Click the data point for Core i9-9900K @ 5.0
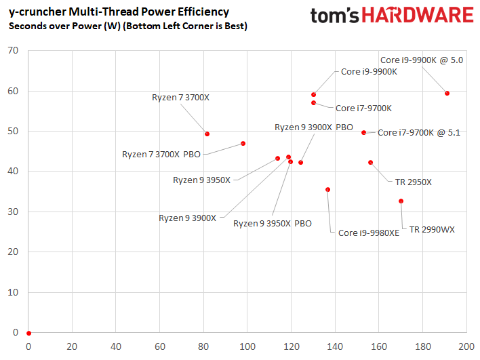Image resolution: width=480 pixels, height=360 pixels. (447, 93)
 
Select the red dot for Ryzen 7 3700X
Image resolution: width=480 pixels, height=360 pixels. (207, 134)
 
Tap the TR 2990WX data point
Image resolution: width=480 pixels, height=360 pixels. (401, 201)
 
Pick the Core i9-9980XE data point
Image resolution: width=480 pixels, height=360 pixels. (328, 190)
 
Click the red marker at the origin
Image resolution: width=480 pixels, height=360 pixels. (28, 333)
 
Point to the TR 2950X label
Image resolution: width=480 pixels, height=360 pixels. (413, 182)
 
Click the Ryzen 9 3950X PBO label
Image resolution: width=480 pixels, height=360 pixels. (273, 223)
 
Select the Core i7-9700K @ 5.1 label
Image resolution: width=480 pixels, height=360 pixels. (418, 133)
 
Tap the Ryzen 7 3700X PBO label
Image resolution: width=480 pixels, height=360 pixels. (161, 154)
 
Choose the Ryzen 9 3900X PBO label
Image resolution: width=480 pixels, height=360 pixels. (313, 127)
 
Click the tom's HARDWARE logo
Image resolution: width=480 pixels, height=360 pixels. (391, 17)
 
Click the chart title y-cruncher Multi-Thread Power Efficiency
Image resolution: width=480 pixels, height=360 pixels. (118, 12)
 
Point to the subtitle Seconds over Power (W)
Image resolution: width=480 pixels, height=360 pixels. (127, 26)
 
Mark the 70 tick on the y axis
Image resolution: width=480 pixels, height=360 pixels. (12, 50)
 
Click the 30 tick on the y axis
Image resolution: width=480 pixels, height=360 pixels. (12, 212)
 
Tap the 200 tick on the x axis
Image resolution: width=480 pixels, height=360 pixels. (466, 346)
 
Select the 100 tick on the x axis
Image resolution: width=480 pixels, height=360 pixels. (247, 346)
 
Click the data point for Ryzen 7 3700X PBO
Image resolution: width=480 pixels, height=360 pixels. (243, 143)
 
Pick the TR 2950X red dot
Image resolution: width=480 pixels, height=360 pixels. (370, 162)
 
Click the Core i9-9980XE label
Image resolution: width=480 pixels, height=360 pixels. (369, 233)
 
